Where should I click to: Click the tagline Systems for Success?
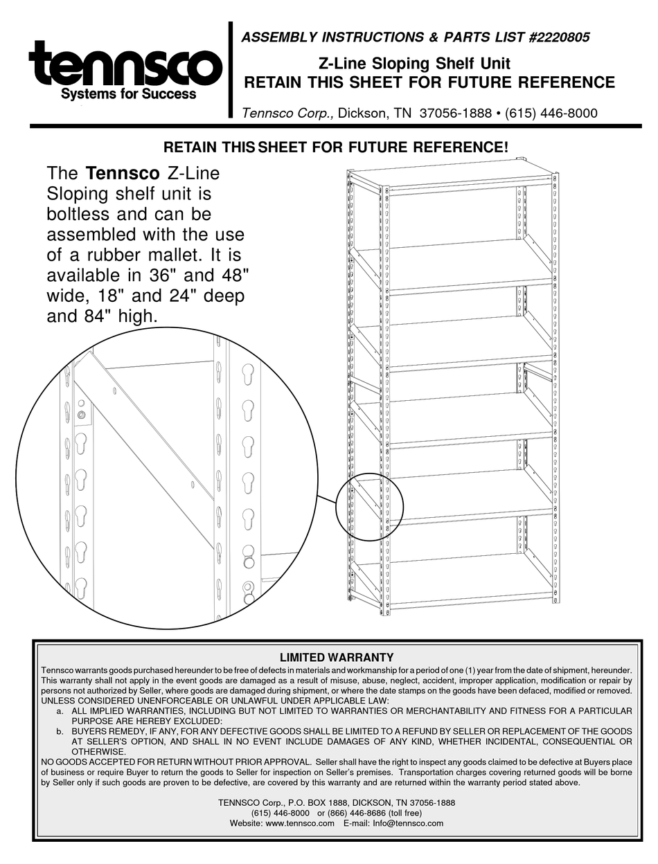129,94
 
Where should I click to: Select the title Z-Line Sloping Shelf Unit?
414,63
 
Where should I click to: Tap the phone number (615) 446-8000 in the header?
549,113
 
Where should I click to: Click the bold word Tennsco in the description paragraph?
117,173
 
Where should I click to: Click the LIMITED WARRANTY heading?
336,657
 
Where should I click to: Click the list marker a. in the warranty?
60,711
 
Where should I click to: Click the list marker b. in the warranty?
60,731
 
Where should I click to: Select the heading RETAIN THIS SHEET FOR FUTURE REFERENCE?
335,147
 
